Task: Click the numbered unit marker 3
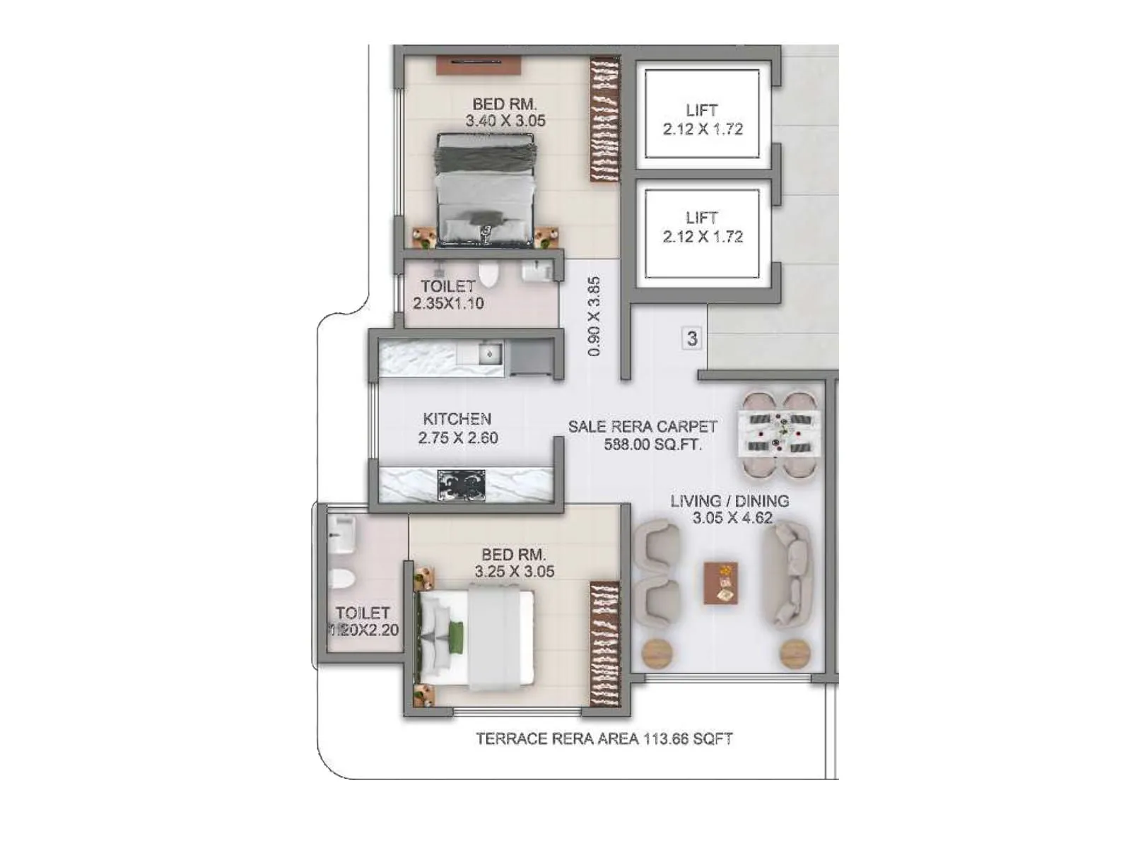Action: (692, 338)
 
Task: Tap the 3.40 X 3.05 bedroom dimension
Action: (505, 121)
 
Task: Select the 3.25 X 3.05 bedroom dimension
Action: (515, 572)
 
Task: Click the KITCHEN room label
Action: (457, 419)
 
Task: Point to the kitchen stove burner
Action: (461, 485)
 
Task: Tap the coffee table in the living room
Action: (721, 584)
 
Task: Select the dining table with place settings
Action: (779, 432)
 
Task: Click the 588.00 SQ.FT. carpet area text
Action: (652, 444)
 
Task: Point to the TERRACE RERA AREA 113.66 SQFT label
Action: (604, 739)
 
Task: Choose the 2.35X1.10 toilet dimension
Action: (449, 304)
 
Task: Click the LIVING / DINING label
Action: (729, 501)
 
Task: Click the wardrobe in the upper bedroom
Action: (604, 119)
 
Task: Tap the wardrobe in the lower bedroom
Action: (604, 644)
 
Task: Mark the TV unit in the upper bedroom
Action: (478, 65)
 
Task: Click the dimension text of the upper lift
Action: (703, 129)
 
